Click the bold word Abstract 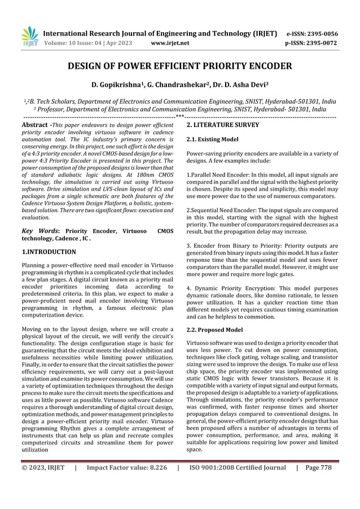coord(33,124)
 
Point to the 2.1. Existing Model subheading coord(212,139)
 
